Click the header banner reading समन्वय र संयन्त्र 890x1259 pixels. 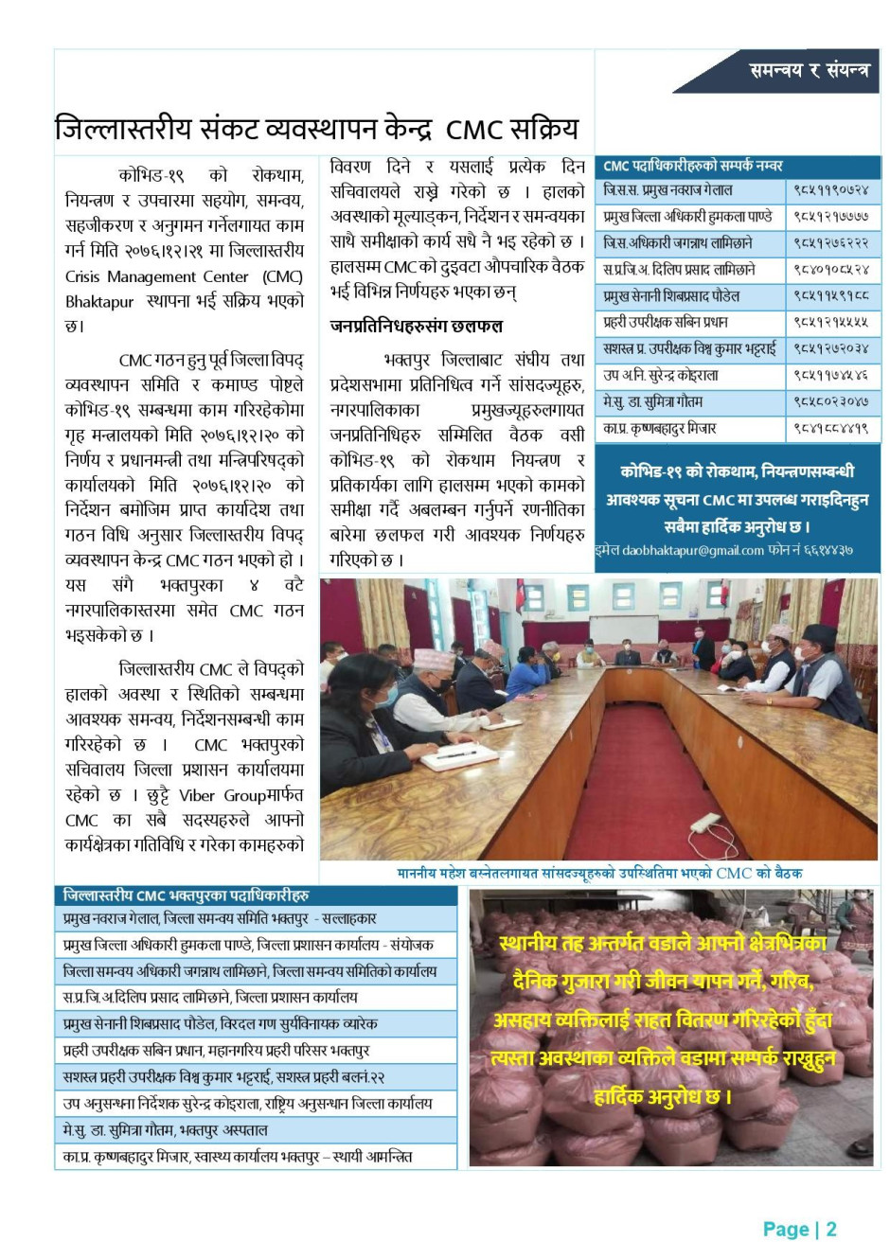(x=808, y=70)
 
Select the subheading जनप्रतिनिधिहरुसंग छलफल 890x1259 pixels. (x=417, y=327)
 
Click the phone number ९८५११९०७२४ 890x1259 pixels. (x=830, y=190)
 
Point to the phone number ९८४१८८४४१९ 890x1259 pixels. (x=830, y=429)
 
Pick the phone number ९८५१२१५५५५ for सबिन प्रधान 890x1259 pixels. (x=830, y=323)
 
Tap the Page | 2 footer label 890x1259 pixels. (x=800, y=1230)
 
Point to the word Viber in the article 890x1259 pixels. (x=197, y=795)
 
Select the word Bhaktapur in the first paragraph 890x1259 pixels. (x=99, y=302)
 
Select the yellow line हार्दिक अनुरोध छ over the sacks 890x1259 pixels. (x=663, y=1097)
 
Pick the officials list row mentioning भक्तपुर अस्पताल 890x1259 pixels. (x=166, y=1130)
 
